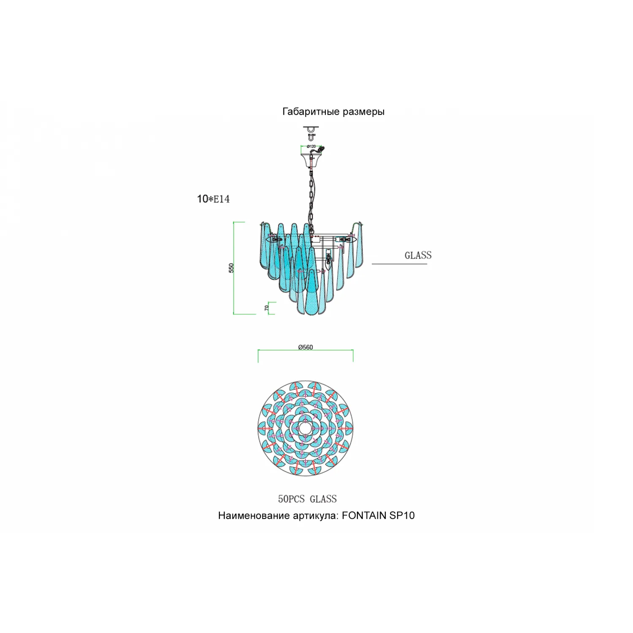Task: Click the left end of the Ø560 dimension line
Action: coord(258,350)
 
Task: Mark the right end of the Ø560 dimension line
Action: coord(353,350)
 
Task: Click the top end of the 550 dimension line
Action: coord(234,222)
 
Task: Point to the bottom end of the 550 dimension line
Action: coord(234,314)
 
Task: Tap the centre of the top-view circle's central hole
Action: coord(306,429)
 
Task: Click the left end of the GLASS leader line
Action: coord(372,264)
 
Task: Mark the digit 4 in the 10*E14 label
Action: coord(227,199)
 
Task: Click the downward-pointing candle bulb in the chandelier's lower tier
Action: coord(328,260)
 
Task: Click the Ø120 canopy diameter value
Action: coord(311,146)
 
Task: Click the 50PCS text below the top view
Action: coord(291,499)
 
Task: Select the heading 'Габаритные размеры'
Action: coord(333,112)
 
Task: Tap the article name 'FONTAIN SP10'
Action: coord(378,515)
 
